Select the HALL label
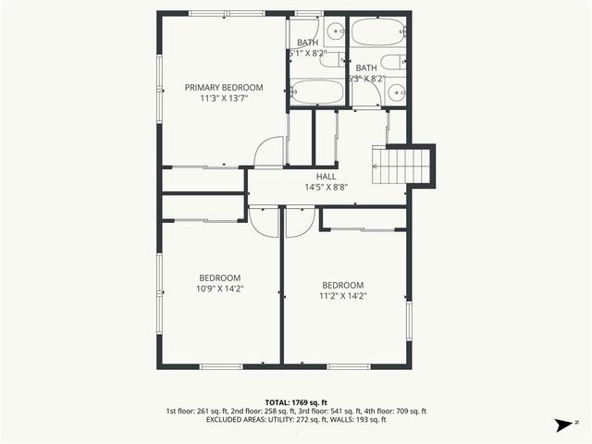click(326, 176)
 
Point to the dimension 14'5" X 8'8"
click(326, 187)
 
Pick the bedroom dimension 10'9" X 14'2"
click(219, 289)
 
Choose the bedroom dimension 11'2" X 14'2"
click(342, 296)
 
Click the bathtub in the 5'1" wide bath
click(316, 93)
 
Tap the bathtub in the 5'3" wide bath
click(377, 33)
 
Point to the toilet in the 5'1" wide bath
click(329, 58)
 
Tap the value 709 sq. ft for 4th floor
click(411, 411)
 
